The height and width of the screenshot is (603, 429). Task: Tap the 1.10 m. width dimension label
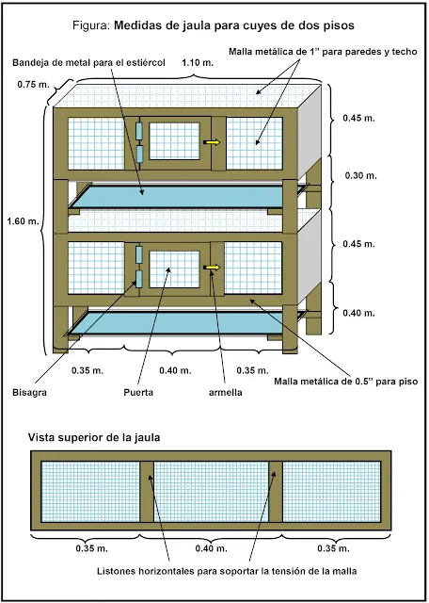[197, 63]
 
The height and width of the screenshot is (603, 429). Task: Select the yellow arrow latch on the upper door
[214, 142]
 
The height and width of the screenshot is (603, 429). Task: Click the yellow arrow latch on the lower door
[214, 268]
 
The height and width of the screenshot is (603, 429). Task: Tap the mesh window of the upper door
[174, 140]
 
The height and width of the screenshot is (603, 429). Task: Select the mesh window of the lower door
[174, 268]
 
